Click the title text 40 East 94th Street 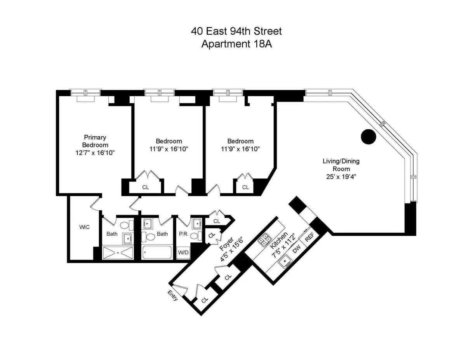[236, 31]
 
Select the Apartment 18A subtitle [236, 44]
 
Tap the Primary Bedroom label [95, 141]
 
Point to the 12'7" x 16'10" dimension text [95, 153]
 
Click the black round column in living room [368, 137]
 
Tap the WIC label [84, 227]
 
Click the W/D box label [183, 252]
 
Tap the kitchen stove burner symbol [265, 240]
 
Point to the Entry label [173, 296]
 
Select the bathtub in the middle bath [156, 252]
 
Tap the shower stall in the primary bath [118, 253]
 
